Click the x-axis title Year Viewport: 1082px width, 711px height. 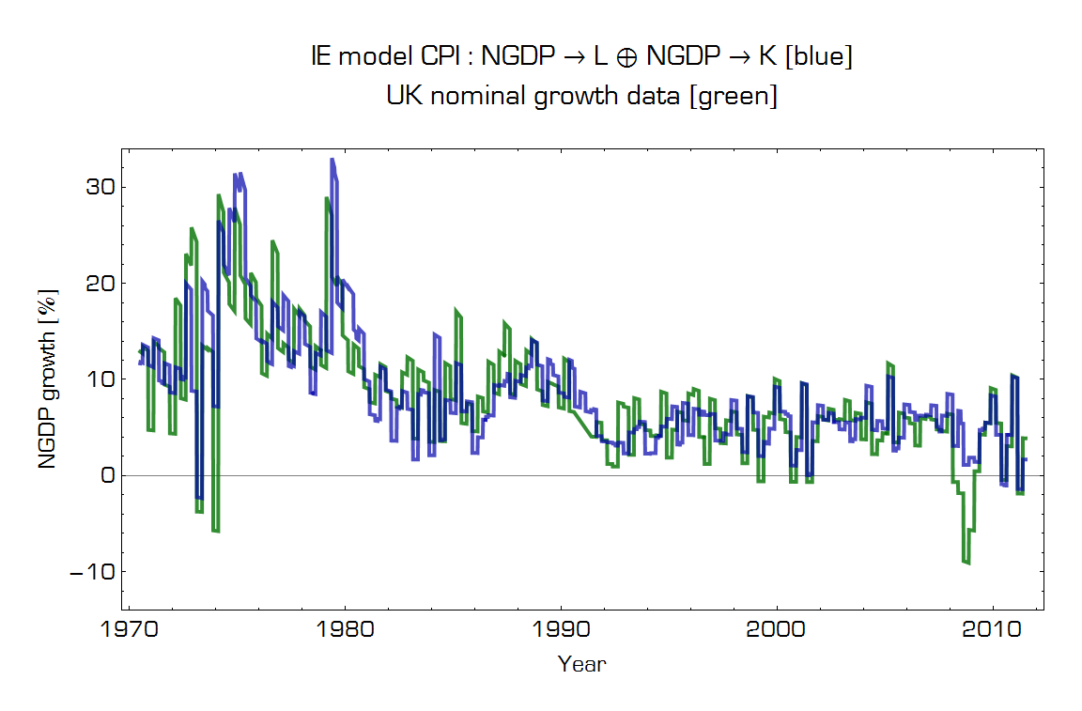coord(581,665)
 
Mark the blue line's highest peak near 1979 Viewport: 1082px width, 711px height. coord(332,161)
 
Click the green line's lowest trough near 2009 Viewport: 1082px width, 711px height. coord(966,563)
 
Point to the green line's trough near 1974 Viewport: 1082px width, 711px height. coord(216,531)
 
